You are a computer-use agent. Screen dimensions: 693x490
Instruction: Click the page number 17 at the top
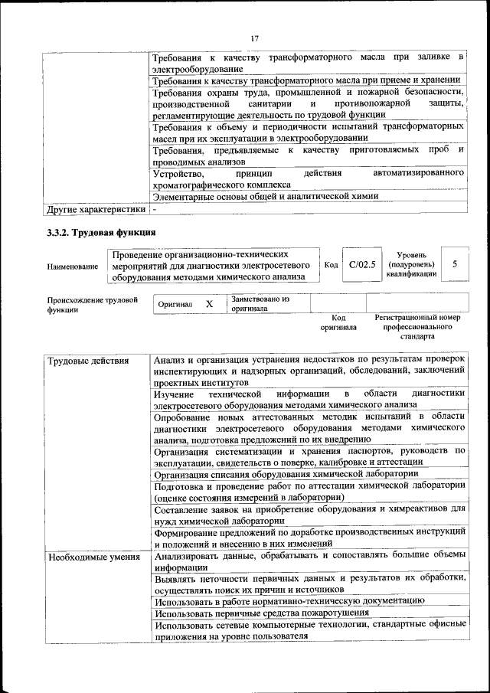coord(254,38)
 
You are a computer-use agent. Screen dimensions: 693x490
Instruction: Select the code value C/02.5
coord(361,265)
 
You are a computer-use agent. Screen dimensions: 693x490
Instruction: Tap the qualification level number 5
coord(455,264)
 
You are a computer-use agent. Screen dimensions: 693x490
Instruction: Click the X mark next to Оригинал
coord(208,304)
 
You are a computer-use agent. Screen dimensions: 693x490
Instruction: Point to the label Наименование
coord(73,266)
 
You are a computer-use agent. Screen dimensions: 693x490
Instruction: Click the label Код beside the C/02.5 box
coord(331,265)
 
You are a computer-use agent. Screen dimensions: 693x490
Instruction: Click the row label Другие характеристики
coord(96,208)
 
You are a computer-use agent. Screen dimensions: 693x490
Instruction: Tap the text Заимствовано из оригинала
coord(260,304)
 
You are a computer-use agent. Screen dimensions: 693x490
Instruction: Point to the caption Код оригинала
coord(338,322)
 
